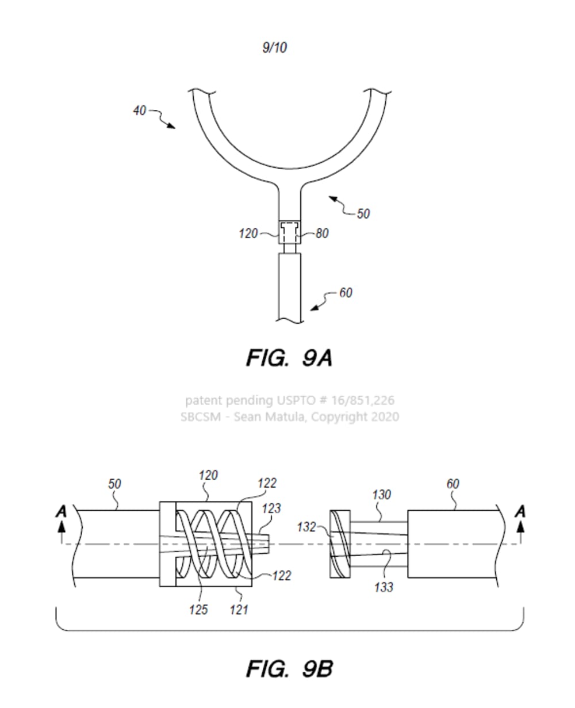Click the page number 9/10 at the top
click(x=274, y=48)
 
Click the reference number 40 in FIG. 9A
click(x=140, y=110)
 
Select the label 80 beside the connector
click(x=322, y=234)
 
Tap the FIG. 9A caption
click(x=289, y=358)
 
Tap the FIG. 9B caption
click(x=289, y=669)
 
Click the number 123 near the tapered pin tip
click(x=271, y=508)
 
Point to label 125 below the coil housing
click(x=198, y=609)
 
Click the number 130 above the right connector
click(x=381, y=495)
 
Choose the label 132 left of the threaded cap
click(x=306, y=526)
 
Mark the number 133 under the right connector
click(x=384, y=587)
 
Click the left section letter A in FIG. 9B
click(x=62, y=511)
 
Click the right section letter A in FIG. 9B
click(x=521, y=511)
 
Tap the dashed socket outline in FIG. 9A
click(x=289, y=232)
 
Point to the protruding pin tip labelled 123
click(x=264, y=543)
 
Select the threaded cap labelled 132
click(x=339, y=544)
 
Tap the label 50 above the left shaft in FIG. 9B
click(x=115, y=484)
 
